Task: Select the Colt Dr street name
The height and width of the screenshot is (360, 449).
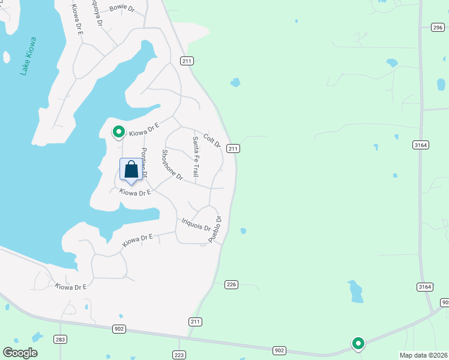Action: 212,141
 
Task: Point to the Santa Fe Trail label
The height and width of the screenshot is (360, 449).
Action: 196,157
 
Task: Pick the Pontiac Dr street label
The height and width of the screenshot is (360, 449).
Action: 144,162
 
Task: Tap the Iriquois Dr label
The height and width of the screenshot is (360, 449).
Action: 196,225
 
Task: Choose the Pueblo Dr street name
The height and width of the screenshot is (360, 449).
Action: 215,229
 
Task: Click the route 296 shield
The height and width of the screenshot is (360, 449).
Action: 438,27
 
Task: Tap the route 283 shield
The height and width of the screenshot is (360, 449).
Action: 59,340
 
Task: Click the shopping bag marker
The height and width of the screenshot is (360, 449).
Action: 131,170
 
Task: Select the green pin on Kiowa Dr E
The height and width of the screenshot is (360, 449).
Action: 118,131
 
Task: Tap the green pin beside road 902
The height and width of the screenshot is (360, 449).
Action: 358,343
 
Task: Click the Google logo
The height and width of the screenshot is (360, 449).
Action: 20,353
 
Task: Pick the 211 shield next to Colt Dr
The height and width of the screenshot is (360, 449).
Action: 234,148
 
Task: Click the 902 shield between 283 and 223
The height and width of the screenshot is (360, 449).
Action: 118,328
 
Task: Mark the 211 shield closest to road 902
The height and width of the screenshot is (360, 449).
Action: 194,322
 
